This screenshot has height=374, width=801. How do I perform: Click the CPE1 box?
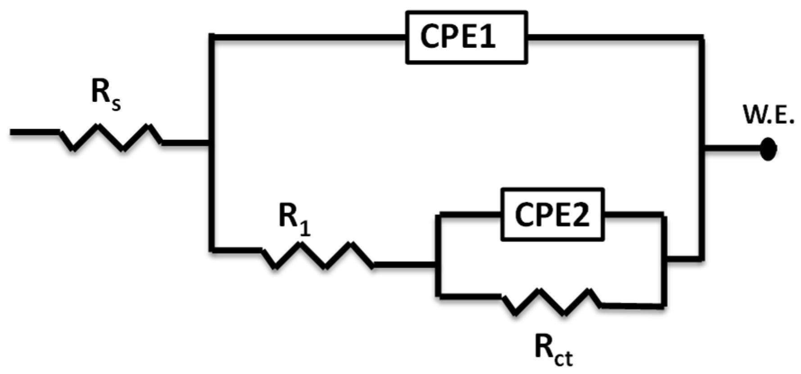point(466,37)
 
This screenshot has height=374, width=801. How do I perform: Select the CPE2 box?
point(552,214)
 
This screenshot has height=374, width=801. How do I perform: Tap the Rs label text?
point(106,95)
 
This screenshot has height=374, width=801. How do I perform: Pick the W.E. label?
point(768,116)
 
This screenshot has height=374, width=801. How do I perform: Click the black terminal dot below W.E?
point(768,149)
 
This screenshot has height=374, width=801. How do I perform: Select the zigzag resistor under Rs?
point(111,137)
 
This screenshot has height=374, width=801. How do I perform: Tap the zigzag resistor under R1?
point(318,255)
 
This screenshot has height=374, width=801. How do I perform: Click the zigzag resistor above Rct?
point(551,301)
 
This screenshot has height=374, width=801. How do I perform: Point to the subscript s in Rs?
point(115,104)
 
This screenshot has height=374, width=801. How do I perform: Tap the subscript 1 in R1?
point(305,228)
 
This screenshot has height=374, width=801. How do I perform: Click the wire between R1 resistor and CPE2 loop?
point(404,265)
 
